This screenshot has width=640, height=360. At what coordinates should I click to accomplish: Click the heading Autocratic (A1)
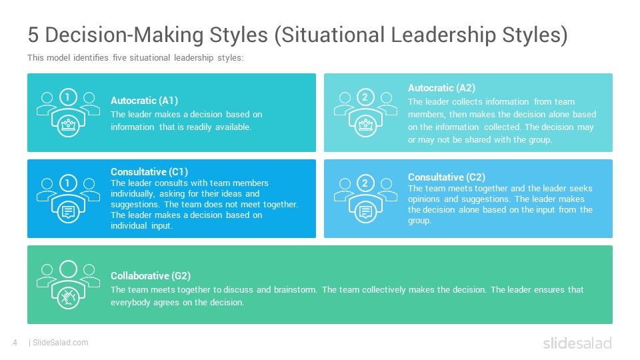(x=144, y=101)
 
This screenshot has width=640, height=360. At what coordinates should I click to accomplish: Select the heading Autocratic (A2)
(x=441, y=88)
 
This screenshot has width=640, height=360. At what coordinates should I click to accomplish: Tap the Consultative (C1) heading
(x=149, y=172)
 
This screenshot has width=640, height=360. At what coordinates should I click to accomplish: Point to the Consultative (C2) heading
(x=447, y=177)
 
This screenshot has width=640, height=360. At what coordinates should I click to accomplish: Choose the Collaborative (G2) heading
(x=151, y=276)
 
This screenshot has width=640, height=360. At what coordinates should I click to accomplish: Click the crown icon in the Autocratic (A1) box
(x=68, y=125)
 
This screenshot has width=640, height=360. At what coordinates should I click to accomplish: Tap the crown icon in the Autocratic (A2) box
(x=365, y=125)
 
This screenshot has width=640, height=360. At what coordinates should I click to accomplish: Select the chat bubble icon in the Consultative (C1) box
(x=68, y=211)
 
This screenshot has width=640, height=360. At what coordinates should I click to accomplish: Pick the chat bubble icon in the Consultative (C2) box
(x=365, y=211)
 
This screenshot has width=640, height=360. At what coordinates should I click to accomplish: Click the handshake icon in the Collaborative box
(x=68, y=297)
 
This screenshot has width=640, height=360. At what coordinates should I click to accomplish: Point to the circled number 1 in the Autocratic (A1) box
(x=68, y=97)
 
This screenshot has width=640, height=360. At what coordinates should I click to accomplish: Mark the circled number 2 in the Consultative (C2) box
(x=365, y=183)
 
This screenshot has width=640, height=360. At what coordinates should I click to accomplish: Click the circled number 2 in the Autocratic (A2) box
(x=365, y=97)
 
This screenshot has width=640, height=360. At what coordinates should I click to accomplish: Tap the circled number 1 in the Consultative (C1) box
(x=68, y=183)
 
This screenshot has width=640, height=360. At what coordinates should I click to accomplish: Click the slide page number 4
(x=15, y=343)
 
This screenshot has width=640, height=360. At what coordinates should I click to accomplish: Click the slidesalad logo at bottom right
(x=577, y=343)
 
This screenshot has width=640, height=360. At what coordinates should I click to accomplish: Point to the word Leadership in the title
(x=443, y=35)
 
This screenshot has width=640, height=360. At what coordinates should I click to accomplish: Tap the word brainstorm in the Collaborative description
(x=295, y=290)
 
